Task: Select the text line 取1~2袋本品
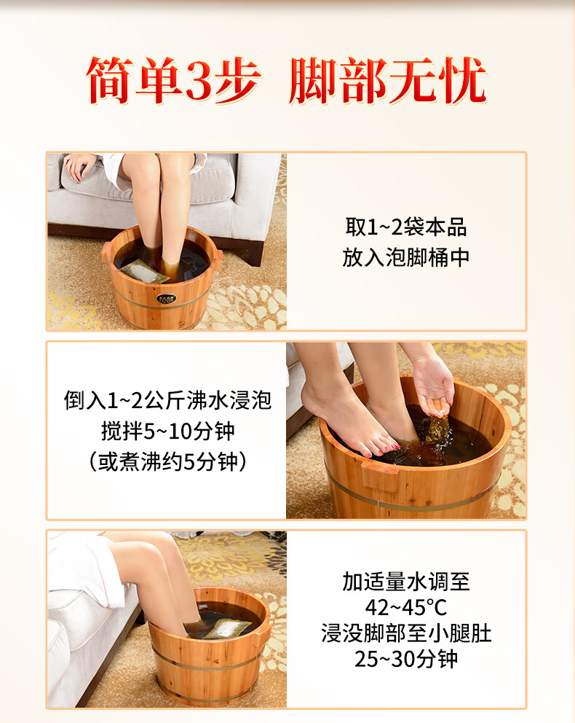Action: [x=406, y=227]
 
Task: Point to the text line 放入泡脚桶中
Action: [x=405, y=257]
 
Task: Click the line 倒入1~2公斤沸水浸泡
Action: [x=167, y=400]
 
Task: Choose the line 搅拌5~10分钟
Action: [x=167, y=431]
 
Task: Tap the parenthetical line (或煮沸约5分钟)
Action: [x=167, y=461]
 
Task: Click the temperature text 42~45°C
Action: [x=406, y=608]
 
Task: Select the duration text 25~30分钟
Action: [x=406, y=659]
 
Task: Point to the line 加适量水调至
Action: [x=406, y=582]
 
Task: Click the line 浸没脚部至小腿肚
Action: [x=406, y=633]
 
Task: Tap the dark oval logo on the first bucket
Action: [x=166, y=298]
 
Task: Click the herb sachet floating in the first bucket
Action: [x=145, y=271]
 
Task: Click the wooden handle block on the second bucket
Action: [x=380, y=474]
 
